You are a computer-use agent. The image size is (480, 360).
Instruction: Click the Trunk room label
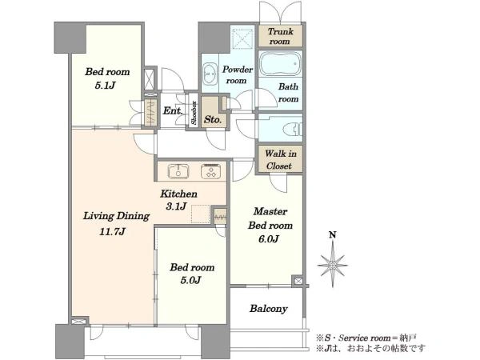click(x=281, y=36)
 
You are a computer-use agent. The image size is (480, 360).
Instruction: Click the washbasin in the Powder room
click(x=210, y=74)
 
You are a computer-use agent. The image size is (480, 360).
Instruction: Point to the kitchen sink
click(x=178, y=171)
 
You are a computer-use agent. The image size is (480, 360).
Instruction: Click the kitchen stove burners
click(x=210, y=171)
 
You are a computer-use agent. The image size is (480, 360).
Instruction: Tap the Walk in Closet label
click(x=280, y=159)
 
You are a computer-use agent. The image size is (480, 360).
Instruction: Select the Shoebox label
click(x=194, y=112)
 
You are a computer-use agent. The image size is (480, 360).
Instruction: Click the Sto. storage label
click(x=213, y=119)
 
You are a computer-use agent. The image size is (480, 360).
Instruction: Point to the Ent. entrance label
click(x=173, y=110)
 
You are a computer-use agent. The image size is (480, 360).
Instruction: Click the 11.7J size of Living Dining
click(x=112, y=231)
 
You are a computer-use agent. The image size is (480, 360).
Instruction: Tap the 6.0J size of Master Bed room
click(x=269, y=238)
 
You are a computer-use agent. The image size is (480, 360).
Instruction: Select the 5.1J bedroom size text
click(x=105, y=85)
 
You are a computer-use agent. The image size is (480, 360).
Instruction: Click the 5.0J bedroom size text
click(x=190, y=280)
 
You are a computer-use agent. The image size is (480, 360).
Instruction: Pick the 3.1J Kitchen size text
click(x=176, y=206)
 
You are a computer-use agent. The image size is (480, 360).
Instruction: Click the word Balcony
click(x=269, y=309)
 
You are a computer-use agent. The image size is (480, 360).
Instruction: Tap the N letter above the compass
click(x=333, y=234)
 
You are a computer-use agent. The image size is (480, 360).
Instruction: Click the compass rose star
click(x=333, y=264)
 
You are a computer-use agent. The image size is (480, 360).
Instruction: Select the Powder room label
click(x=238, y=75)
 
